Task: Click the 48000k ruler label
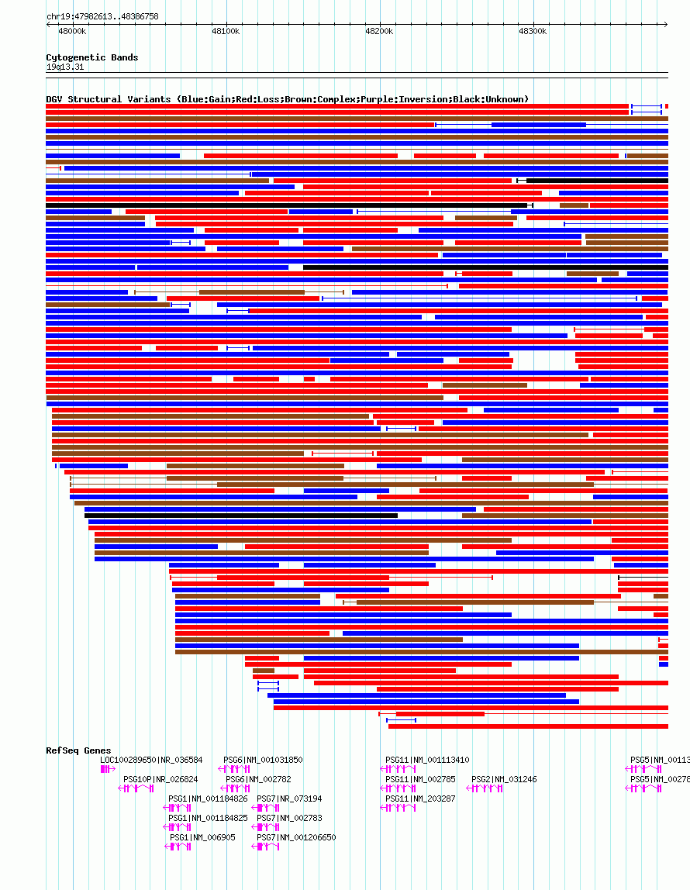72,31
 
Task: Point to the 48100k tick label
226,31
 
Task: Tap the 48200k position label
379,31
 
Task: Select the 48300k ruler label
533,31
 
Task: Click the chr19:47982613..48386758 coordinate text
102,16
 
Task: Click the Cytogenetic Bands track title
91,57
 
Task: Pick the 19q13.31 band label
65,67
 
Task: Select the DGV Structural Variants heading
287,99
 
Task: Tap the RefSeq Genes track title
78,750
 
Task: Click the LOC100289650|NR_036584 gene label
151,761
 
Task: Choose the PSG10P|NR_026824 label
160,780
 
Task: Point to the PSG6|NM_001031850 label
263,761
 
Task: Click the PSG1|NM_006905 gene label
202,838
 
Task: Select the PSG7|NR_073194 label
289,799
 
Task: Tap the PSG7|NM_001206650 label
296,838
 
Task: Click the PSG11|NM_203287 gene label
420,799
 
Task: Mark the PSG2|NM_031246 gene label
504,780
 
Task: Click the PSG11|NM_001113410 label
427,761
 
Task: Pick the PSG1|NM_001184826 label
208,799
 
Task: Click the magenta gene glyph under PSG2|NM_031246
488,788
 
